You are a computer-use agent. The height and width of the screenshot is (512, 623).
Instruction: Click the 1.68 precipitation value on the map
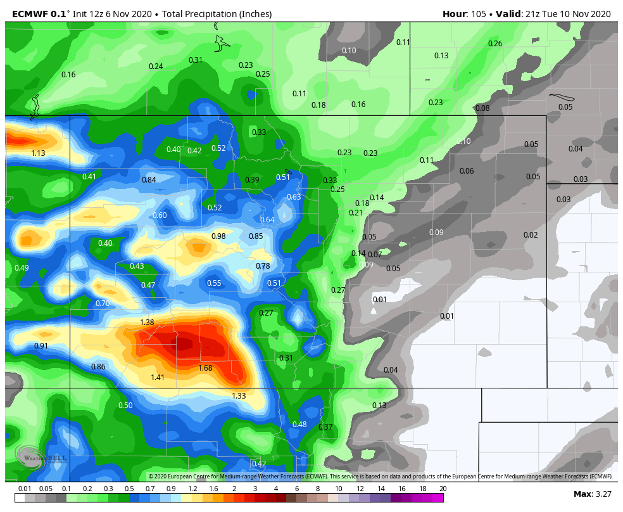pos(205,368)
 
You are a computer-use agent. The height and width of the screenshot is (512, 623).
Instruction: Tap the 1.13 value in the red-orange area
pos(38,153)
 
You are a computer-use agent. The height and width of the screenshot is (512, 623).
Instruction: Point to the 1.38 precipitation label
pos(147,323)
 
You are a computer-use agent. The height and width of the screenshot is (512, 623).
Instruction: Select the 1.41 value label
pos(158,378)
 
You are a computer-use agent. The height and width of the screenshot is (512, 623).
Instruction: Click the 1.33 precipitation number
pos(239,396)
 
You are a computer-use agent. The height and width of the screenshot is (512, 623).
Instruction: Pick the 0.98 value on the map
pos(218,236)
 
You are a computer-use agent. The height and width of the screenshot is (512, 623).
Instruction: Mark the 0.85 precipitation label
pos(256,236)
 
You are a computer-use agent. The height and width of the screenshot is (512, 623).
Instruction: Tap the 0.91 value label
pos(41,346)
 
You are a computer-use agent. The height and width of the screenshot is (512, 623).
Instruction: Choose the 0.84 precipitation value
pos(149,180)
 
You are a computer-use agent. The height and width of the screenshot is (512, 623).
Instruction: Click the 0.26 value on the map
pos(495,44)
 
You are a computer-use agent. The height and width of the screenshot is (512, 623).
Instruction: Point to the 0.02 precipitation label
pos(531,235)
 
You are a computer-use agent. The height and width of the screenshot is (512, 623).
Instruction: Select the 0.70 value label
pos(103,304)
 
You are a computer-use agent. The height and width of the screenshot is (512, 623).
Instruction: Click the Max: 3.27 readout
pos(592,494)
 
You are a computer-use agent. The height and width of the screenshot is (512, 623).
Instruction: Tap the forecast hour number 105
pos(478,14)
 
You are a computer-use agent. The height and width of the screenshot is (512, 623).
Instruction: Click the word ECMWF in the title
pos(30,14)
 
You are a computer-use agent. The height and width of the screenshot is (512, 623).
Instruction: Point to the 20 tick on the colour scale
pos(443,489)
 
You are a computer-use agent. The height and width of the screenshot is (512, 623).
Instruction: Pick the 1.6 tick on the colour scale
pos(213,489)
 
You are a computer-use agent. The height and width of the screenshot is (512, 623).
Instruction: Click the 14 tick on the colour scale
pos(381,489)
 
